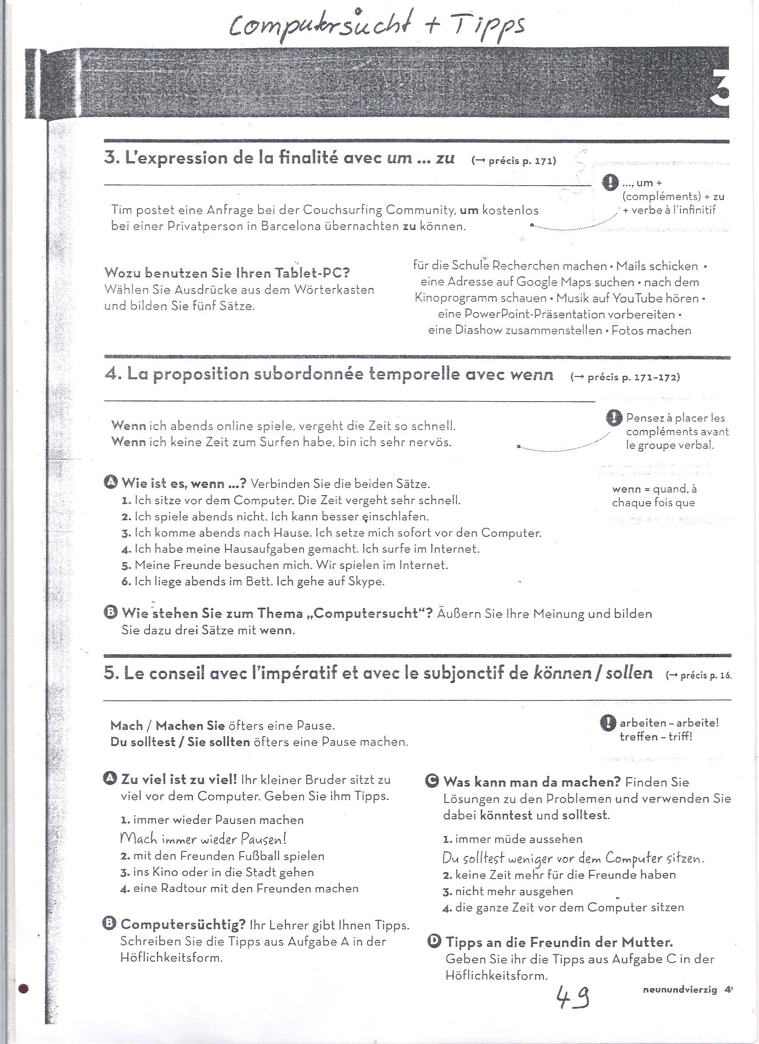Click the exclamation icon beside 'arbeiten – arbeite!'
click(x=608, y=723)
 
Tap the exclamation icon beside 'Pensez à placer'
click(x=614, y=418)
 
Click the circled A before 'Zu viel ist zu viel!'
click(x=110, y=778)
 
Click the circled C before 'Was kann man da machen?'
click(x=432, y=781)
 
